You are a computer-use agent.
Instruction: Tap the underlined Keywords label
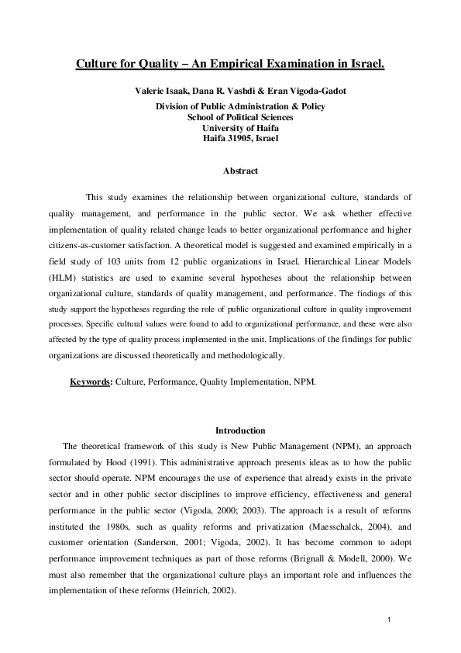[91, 382]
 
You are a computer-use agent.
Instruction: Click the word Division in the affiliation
[174, 106]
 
